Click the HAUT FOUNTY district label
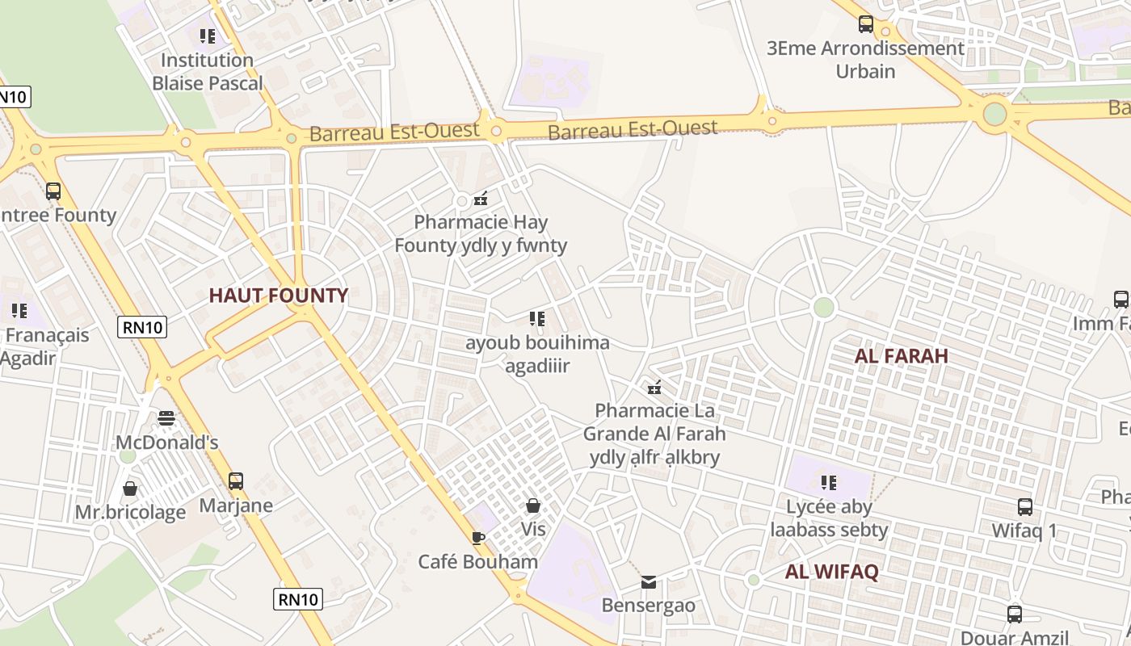click(x=279, y=296)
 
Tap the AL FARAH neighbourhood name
click(x=902, y=356)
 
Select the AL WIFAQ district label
click(x=832, y=572)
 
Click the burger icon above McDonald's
click(x=166, y=418)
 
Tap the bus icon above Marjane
click(x=236, y=481)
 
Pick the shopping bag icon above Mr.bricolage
click(x=130, y=489)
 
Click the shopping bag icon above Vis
click(x=533, y=505)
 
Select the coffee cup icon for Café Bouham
click(x=478, y=538)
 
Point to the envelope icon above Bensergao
click(x=649, y=581)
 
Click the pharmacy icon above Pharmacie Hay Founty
click(x=481, y=198)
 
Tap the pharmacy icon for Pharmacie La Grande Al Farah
click(x=655, y=387)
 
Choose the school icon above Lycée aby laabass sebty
click(x=829, y=483)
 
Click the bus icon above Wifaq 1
click(x=1025, y=507)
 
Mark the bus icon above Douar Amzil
click(x=1015, y=614)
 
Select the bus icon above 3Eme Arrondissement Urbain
click(x=866, y=24)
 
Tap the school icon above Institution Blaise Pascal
click(x=208, y=36)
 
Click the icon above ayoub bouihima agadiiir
click(x=537, y=319)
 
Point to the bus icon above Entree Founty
click(x=53, y=191)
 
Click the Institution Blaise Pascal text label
click(x=208, y=72)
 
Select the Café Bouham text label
click(x=478, y=562)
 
